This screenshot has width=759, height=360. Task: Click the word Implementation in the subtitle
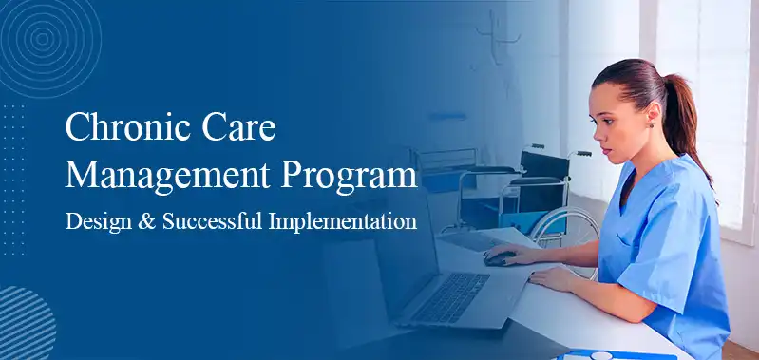pos(343,222)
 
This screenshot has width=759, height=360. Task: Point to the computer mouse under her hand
pos(498,257)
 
